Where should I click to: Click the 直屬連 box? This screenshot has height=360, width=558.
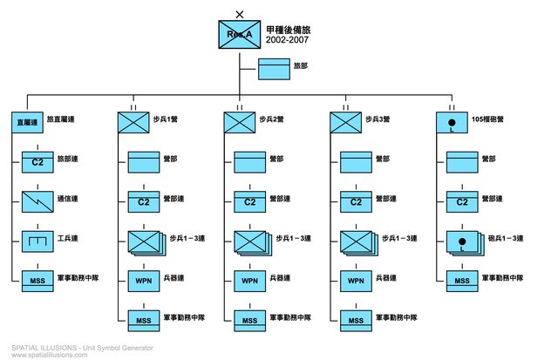[x=27, y=124]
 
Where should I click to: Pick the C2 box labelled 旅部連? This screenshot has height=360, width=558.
[x=37, y=162]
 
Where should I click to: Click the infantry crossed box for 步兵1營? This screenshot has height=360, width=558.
[x=133, y=123]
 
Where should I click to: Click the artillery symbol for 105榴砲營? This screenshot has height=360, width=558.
[x=452, y=123]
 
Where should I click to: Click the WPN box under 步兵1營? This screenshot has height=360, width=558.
[x=143, y=281]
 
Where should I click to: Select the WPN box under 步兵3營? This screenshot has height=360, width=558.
[x=356, y=281]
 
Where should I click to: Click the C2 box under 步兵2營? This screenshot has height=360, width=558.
[x=249, y=202]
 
